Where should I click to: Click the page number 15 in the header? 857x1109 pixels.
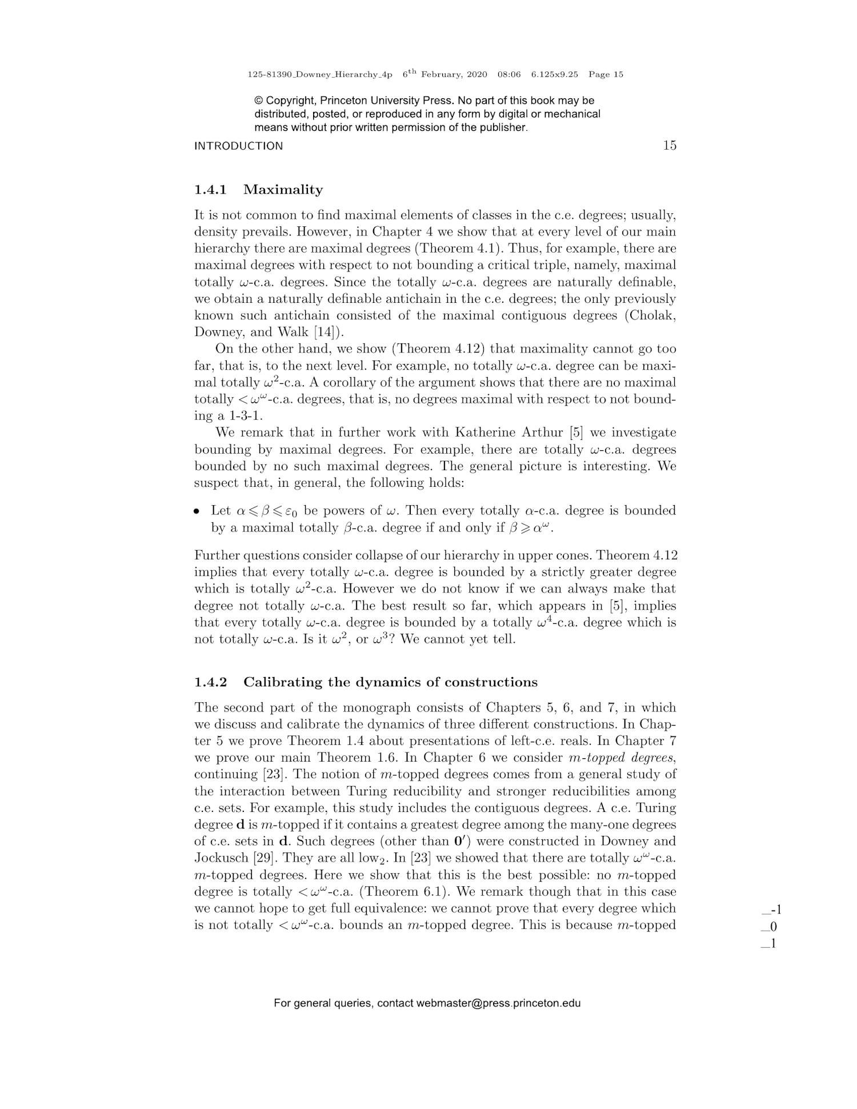pos(669,145)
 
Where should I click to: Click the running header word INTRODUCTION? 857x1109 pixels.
pos(238,146)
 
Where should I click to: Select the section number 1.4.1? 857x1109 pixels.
pos(210,190)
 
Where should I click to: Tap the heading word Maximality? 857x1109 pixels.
pos(283,190)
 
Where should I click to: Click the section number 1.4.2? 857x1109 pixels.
pos(210,682)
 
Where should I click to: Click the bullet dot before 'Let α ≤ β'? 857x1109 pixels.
pos(197,511)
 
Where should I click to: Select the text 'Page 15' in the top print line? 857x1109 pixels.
pos(606,74)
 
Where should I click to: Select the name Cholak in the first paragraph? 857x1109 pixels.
pos(651,315)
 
